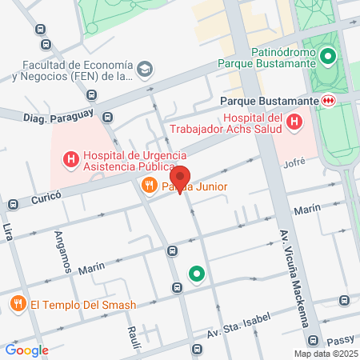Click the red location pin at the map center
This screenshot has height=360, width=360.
point(180,178)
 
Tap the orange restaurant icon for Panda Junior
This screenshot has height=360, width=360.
point(148,186)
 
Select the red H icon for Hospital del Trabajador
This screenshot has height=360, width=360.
point(294,122)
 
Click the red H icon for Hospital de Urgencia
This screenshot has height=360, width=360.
point(71,159)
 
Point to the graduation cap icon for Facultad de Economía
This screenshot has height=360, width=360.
point(145,70)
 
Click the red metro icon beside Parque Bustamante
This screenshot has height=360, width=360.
point(328,101)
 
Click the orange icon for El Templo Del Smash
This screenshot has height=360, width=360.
point(18,304)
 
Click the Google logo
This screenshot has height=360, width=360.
point(26,350)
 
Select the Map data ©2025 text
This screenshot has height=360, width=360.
point(324,354)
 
